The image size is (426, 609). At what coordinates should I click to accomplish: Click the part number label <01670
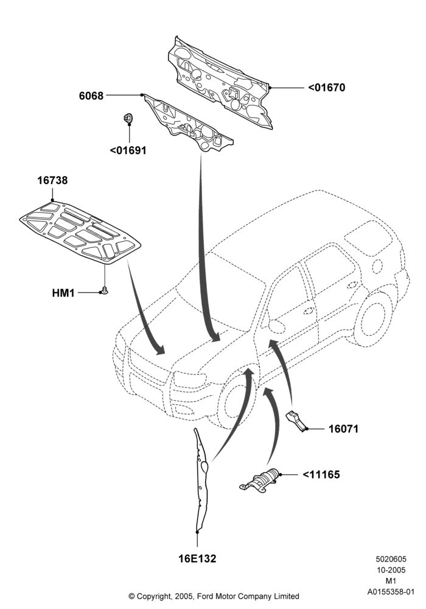(x=326, y=87)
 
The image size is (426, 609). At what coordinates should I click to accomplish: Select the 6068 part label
(x=91, y=96)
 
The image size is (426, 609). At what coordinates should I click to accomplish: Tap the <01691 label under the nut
(x=128, y=150)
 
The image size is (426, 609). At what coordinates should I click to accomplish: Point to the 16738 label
(x=52, y=180)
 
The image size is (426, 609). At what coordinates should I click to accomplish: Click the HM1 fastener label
(x=63, y=292)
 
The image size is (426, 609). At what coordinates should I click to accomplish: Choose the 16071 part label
(x=343, y=429)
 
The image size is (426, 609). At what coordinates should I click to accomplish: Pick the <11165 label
(x=321, y=474)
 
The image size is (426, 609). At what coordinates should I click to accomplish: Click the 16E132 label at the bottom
(x=197, y=558)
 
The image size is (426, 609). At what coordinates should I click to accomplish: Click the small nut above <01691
(x=127, y=118)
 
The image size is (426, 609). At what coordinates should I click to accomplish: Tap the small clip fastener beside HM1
(x=103, y=290)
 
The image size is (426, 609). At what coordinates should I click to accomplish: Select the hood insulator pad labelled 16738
(x=80, y=232)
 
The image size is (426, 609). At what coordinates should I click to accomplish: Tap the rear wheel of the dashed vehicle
(x=373, y=319)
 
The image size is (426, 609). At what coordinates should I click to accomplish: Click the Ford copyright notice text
(x=214, y=596)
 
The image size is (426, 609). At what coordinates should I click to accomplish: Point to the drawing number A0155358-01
(x=391, y=592)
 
